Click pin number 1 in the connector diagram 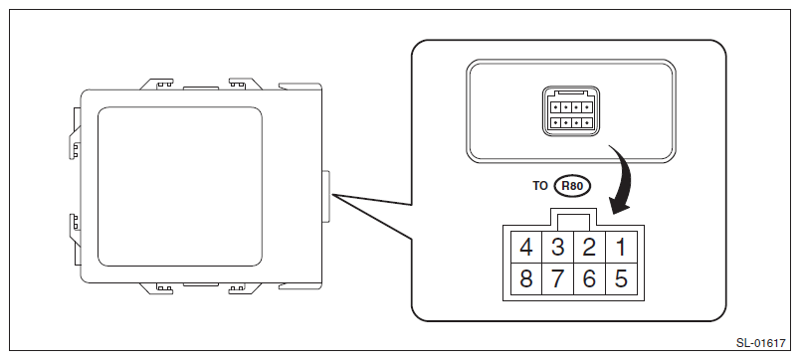pos(621,248)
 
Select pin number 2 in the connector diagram pos(589,248)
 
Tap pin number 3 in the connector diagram pos(557,248)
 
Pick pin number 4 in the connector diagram pos(526,248)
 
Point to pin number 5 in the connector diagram pos(621,278)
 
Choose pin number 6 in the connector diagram pos(589,278)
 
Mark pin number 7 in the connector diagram pos(557,278)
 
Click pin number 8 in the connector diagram pos(526,278)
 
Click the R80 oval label pos(572,186)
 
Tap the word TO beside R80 pos(539,186)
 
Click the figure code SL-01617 pos(760,343)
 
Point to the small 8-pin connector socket pos(571,111)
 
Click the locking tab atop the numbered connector pos(574,220)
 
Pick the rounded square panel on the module pos(179,186)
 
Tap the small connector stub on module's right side pos(325,197)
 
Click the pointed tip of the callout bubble pos(332,195)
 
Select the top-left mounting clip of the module pos(157,84)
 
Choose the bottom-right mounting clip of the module pos(246,288)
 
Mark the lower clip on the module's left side pos(75,228)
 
